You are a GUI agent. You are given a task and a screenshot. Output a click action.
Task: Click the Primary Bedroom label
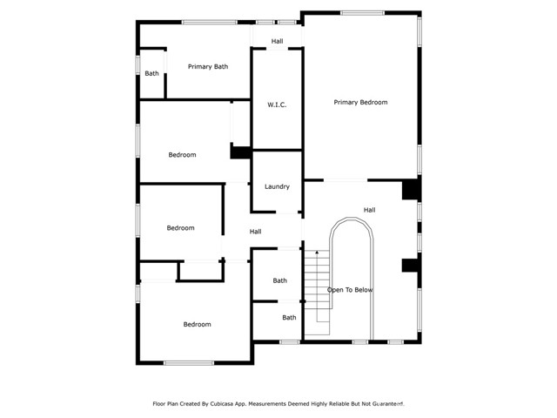(x=360, y=102)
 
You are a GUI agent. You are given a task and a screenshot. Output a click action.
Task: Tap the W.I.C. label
(x=277, y=104)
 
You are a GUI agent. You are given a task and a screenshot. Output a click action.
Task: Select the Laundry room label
(x=277, y=186)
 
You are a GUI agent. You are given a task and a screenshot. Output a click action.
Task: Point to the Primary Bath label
(x=208, y=66)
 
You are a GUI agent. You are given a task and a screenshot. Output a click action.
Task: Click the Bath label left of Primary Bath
(x=152, y=73)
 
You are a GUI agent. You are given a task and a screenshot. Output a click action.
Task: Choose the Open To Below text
(x=350, y=290)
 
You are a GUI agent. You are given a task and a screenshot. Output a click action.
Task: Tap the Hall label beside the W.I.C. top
(x=277, y=41)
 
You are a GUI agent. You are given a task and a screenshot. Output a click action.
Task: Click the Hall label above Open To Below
(x=369, y=210)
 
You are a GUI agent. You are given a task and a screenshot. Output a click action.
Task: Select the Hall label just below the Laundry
(x=255, y=232)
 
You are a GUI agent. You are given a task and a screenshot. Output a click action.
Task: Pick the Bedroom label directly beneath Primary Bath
(x=182, y=155)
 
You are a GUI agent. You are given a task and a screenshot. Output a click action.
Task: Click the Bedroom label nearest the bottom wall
(x=197, y=325)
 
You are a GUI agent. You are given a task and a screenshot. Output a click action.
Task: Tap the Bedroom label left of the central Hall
(x=180, y=228)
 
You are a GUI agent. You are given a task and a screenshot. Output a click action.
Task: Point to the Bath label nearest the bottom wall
(x=289, y=318)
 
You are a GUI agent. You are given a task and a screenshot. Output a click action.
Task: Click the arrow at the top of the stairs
(x=317, y=253)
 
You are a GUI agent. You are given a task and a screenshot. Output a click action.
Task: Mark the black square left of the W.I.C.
(x=238, y=152)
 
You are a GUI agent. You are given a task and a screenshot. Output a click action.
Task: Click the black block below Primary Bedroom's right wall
(x=410, y=190)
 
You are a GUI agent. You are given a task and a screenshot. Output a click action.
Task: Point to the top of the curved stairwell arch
(x=351, y=219)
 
